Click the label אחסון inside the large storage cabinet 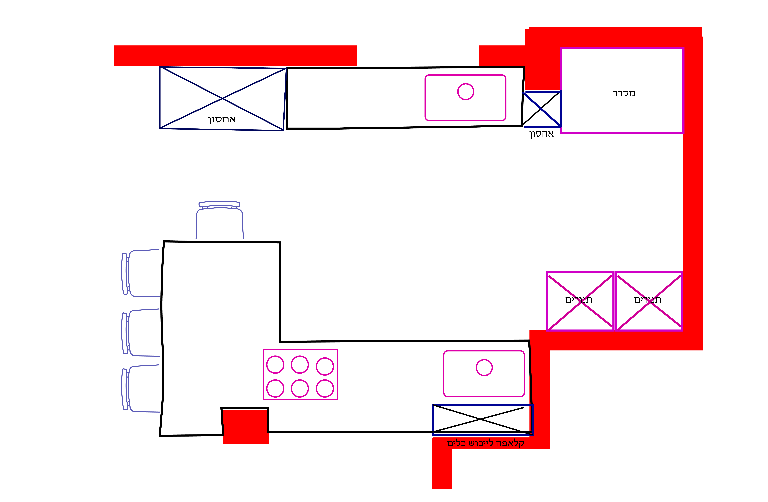[222, 120]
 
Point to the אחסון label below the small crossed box [541, 134]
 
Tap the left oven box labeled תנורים [580, 301]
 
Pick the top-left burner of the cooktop [275, 364]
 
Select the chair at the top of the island [219, 221]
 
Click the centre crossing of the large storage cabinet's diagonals [222, 98]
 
